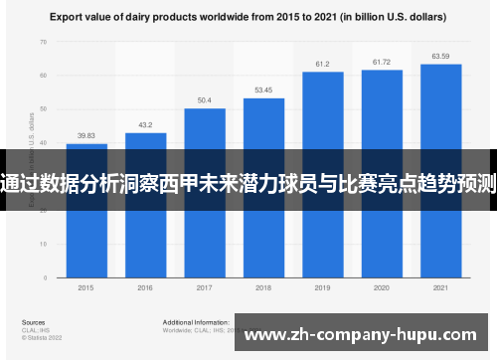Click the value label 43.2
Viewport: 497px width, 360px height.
tap(145, 125)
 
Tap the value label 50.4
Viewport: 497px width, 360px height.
tap(204, 100)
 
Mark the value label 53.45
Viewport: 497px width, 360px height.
tap(263, 90)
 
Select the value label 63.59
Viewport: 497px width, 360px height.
tap(440, 57)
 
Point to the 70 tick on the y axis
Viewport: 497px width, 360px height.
tap(43, 42)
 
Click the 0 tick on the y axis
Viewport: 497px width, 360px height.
tap(45, 275)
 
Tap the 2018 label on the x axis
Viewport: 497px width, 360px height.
tap(263, 286)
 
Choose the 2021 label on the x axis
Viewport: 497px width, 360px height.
tap(440, 286)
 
